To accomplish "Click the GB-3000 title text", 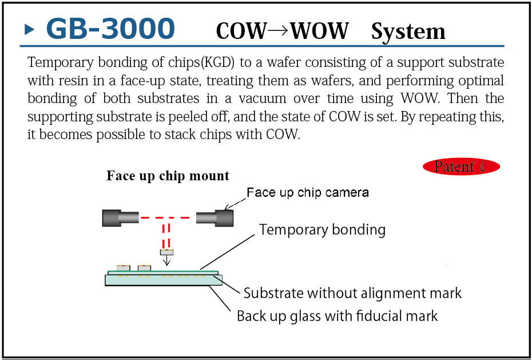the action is pyautogui.click(x=110, y=29).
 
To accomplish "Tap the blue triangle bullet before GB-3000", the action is pyautogui.click(x=29, y=30).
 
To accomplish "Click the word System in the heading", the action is pyautogui.click(x=408, y=31).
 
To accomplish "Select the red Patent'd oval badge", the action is pyautogui.click(x=462, y=167).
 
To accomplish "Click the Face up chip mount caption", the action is pyautogui.click(x=168, y=176).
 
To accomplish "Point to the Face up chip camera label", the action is pyautogui.click(x=307, y=193).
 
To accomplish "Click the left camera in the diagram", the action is pyautogui.click(x=121, y=218).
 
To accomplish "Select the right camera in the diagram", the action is pyautogui.click(x=215, y=218).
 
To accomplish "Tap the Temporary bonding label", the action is pyautogui.click(x=322, y=230).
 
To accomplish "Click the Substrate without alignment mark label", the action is pyautogui.click(x=353, y=293).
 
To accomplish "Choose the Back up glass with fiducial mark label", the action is pyautogui.click(x=338, y=316).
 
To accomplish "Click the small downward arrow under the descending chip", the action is pyautogui.click(x=166, y=260).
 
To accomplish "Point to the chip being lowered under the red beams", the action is pyautogui.click(x=166, y=252).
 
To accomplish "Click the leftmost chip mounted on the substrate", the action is pyautogui.click(x=123, y=268).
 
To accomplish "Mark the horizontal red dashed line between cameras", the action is pyautogui.click(x=168, y=217).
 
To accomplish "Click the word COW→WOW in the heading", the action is pyautogui.click(x=282, y=31).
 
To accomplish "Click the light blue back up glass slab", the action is pyautogui.click(x=164, y=280).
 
